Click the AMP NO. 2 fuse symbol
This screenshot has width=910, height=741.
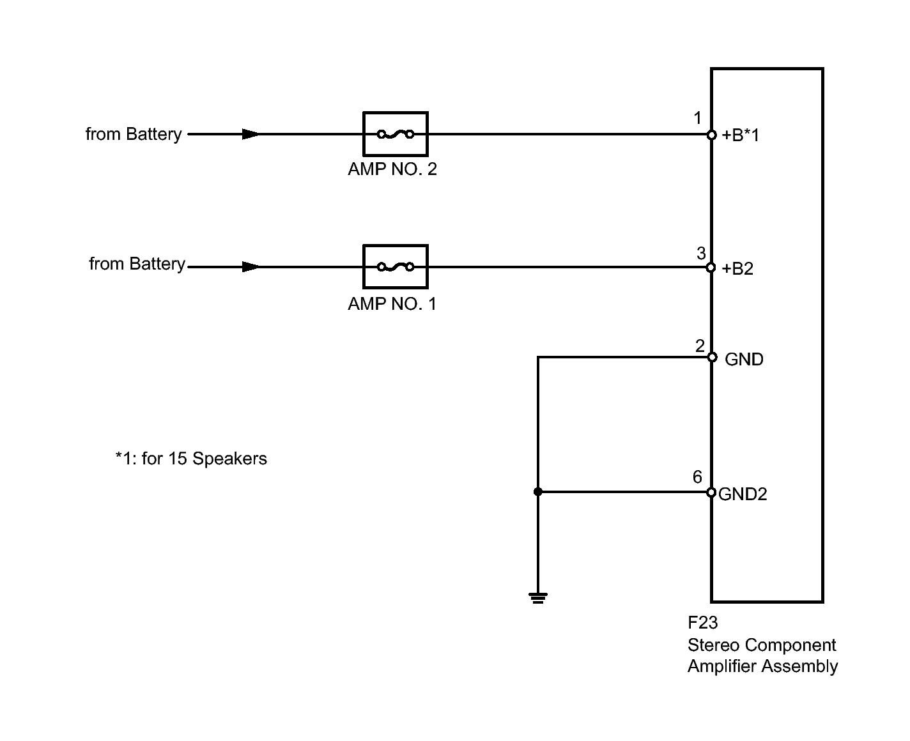click(x=395, y=134)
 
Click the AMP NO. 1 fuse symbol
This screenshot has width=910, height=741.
click(x=395, y=266)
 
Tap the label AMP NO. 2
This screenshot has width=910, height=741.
click(x=392, y=169)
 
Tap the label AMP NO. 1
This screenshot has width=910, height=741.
click(x=392, y=303)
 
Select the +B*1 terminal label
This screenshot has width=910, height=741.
click(x=741, y=135)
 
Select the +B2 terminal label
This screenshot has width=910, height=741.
click(x=737, y=269)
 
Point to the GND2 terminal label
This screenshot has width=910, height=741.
click(x=743, y=494)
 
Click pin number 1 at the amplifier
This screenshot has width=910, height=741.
click(x=697, y=118)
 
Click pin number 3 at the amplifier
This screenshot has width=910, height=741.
click(x=701, y=253)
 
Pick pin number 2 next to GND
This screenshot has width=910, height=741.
click(x=700, y=346)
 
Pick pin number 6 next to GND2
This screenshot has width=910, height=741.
click(x=697, y=477)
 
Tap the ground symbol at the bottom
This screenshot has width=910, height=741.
click(x=538, y=599)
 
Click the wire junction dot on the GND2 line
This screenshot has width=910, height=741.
click(x=538, y=492)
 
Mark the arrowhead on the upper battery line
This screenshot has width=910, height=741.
click(x=251, y=134)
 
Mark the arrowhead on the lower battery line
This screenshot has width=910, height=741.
click(x=251, y=266)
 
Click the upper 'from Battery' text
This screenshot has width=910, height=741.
click(x=134, y=134)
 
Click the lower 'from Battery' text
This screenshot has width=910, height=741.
click(x=137, y=264)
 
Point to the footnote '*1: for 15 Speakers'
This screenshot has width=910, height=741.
click(x=191, y=459)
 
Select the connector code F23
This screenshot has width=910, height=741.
click(x=702, y=623)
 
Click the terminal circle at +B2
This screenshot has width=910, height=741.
click(x=711, y=267)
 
